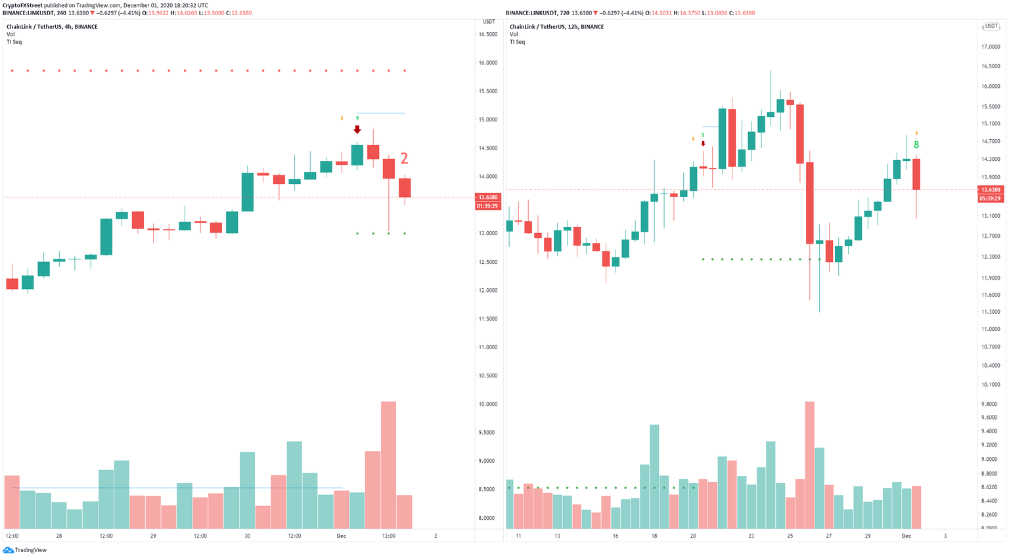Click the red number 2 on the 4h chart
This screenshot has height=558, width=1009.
[405, 158]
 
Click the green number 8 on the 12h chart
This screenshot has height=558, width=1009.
[916, 145]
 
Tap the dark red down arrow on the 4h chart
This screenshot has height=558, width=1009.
[357, 129]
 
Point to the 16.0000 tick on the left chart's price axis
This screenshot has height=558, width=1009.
[487, 63]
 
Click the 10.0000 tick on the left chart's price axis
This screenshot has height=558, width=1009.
[487, 404]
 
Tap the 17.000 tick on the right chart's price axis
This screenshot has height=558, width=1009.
[990, 47]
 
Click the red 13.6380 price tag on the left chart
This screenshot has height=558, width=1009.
[487, 197]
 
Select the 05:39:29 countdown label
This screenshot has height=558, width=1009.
[990, 198]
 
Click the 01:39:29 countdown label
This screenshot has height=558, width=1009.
[487, 206]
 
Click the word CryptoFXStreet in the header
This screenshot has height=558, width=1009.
[22, 5]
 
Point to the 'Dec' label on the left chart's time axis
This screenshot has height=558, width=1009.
[341, 536]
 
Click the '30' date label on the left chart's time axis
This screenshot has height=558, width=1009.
[247, 536]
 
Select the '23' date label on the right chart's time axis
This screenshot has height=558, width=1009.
[751, 536]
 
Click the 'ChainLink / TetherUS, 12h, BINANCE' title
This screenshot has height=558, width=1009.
[556, 27]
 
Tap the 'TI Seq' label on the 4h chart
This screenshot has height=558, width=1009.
[14, 42]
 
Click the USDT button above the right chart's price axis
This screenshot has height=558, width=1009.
[991, 27]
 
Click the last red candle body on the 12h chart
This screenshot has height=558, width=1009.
[916, 174]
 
